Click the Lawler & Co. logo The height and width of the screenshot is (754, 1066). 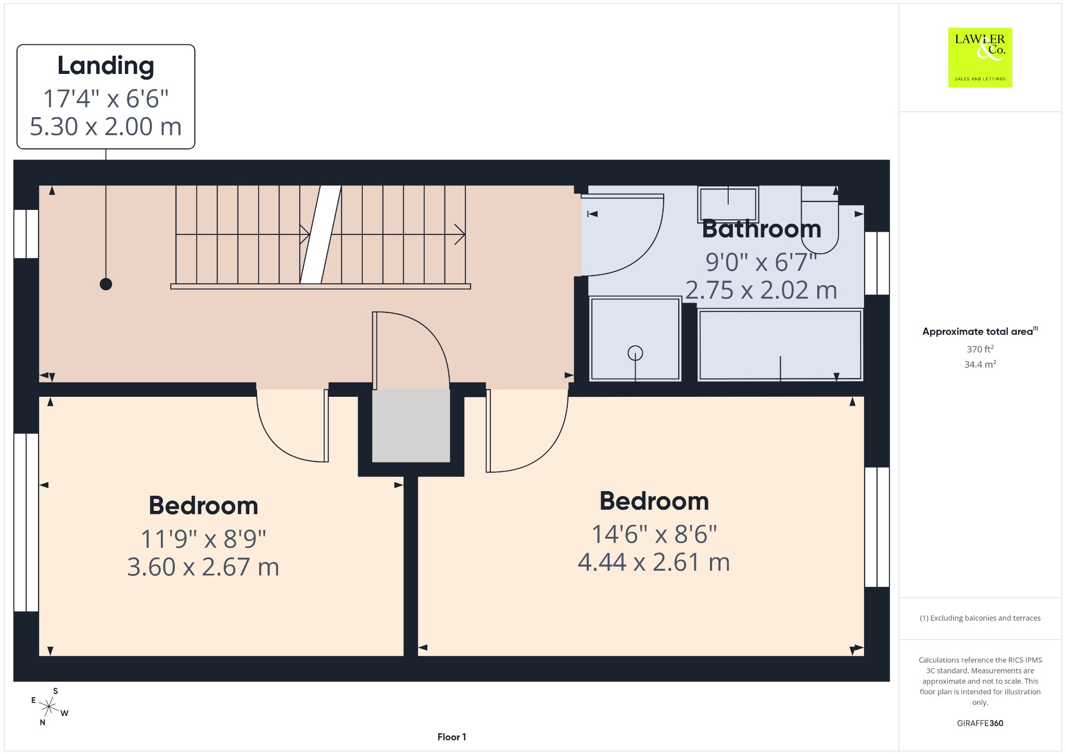(980, 57)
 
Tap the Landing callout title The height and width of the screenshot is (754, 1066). (106, 66)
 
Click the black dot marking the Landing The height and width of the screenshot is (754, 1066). (106, 284)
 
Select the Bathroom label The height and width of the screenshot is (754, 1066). (762, 229)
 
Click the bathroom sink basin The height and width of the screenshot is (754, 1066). (728, 204)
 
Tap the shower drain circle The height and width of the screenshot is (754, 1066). (635, 353)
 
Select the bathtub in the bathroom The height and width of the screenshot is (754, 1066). (780, 345)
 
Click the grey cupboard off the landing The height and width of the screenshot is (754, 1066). (411, 425)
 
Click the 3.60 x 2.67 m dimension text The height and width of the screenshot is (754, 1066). (203, 567)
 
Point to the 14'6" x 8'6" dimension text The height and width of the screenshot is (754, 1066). (654, 534)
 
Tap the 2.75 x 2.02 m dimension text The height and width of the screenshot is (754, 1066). (761, 290)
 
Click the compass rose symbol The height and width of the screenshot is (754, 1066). (49, 707)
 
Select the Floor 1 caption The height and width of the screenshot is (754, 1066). (452, 737)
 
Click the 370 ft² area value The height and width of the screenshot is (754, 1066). (980, 349)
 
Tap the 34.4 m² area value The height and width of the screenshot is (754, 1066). (980, 364)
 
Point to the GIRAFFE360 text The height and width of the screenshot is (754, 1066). (980, 723)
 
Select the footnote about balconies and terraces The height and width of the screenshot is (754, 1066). (980, 618)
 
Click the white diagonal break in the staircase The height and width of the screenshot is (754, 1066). (321, 234)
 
